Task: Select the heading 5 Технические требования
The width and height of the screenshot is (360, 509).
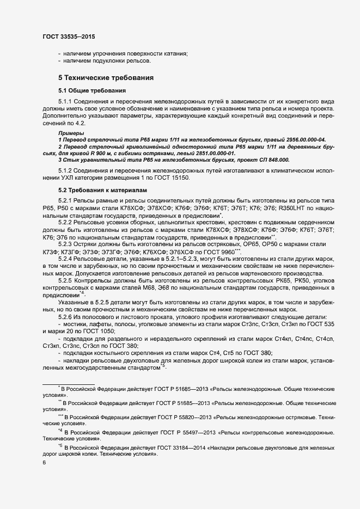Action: [106, 78]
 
